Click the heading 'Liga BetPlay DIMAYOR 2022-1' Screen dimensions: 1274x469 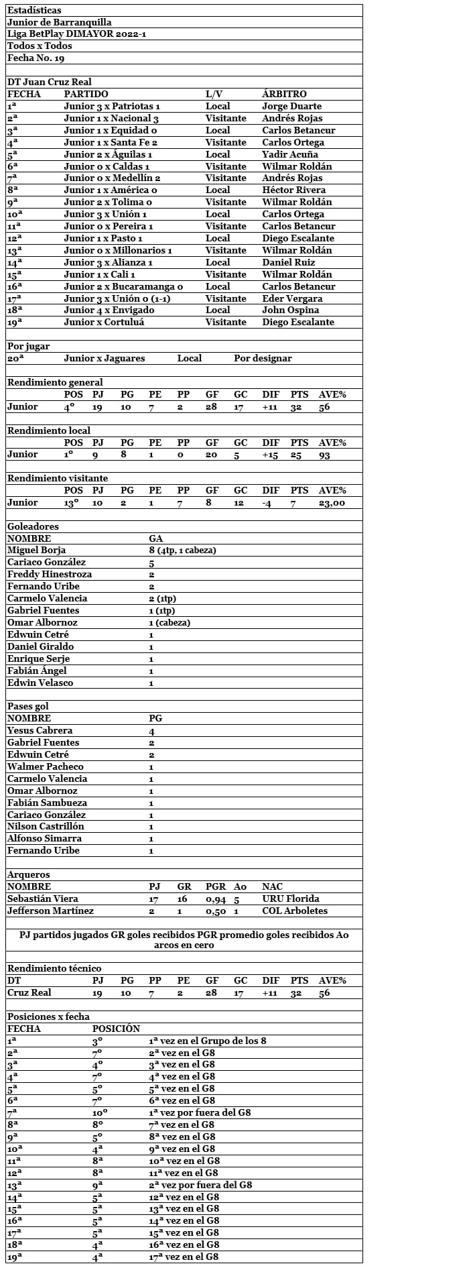click(x=58, y=34)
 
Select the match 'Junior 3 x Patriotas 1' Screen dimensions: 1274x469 click(x=112, y=107)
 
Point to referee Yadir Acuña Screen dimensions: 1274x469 click(x=289, y=154)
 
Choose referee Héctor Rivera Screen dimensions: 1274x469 click(x=293, y=190)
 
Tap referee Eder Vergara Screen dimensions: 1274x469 click(x=292, y=298)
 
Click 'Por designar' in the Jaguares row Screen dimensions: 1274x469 click(x=263, y=359)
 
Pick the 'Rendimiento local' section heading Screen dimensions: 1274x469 click(x=48, y=430)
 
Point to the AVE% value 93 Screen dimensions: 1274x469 click(x=324, y=455)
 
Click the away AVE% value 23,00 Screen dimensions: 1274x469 click(x=332, y=503)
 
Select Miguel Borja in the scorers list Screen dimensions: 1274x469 click(x=36, y=551)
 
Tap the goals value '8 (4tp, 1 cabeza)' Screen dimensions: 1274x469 click(x=182, y=551)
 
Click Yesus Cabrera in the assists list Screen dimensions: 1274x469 click(x=40, y=731)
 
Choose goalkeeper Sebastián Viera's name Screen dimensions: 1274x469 click(x=42, y=899)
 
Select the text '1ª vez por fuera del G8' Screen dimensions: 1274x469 click(x=200, y=1113)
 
